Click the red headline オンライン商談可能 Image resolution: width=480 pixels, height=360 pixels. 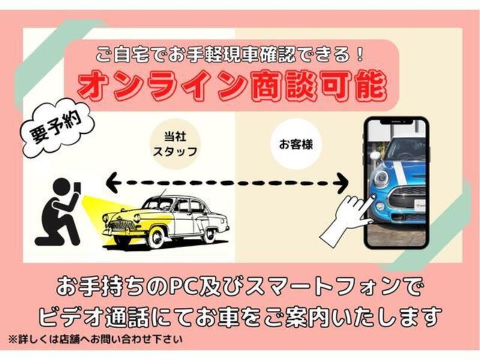click(232, 86)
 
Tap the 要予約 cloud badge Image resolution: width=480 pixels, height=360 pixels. click(55, 128)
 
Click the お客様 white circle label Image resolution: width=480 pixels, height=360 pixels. click(296, 144)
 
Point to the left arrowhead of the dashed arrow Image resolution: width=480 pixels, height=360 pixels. click(113, 182)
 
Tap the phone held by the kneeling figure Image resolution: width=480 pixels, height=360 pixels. click(78, 188)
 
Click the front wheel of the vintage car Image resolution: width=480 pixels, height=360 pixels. click(156, 236)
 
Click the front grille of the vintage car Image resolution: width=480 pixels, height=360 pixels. click(122, 226)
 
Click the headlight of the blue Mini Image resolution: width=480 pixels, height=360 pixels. click(381, 178)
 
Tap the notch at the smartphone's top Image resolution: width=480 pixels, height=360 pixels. click(397, 122)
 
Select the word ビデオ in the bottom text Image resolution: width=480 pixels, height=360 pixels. click(71, 317)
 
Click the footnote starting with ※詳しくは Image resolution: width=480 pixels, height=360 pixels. click(95, 339)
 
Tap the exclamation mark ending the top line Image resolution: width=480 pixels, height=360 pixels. click(359, 54)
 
